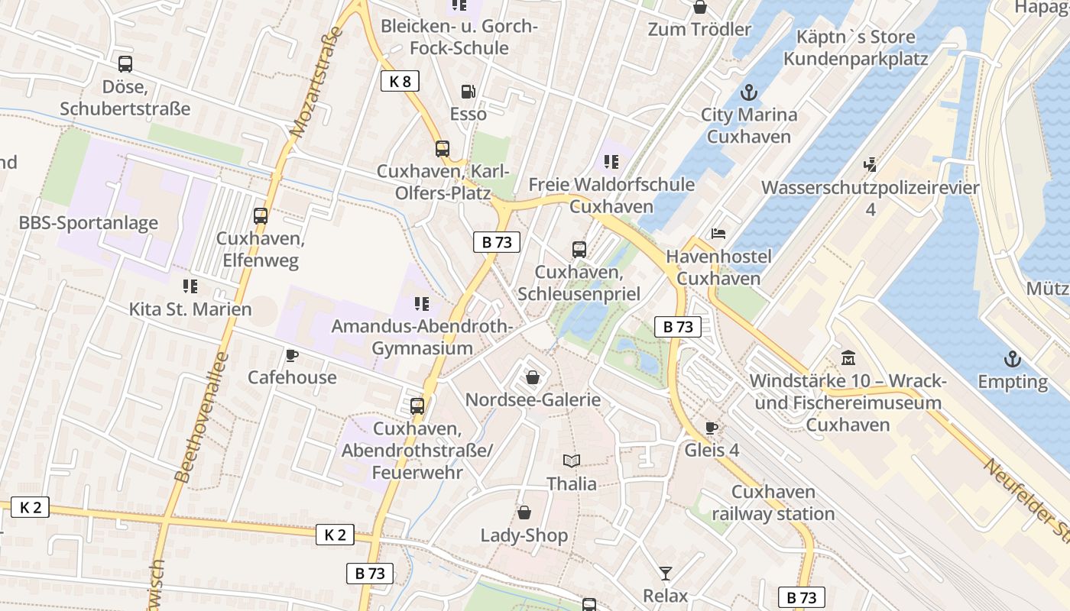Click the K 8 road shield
click(400, 81)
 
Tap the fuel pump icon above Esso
click(469, 92)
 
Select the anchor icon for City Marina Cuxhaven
click(749, 93)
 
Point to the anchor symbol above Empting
click(1013, 359)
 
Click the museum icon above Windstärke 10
click(848, 357)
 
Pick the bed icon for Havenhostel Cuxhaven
click(718, 234)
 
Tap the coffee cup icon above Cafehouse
click(291, 355)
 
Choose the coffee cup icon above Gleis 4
click(712, 428)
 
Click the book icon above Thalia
click(571, 461)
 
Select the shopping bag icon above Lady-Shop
click(524, 512)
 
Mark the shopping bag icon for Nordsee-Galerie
click(533, 377)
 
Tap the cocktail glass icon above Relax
click(666, 573)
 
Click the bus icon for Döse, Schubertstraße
click(125, 64)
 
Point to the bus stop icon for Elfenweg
click(261, 216)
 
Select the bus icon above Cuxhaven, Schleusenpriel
click(579, 250)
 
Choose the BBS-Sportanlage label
click(89, 223)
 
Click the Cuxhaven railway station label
click(773, 503)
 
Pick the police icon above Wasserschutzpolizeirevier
click(870, 164)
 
